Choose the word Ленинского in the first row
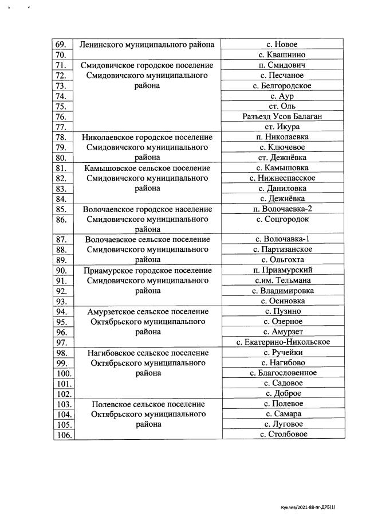(x=103, y=45)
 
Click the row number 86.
(x=61, y=220)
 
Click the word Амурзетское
(x=111, y=311)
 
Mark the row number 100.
(x=62, y=373)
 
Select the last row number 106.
(x=62, y=435)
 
